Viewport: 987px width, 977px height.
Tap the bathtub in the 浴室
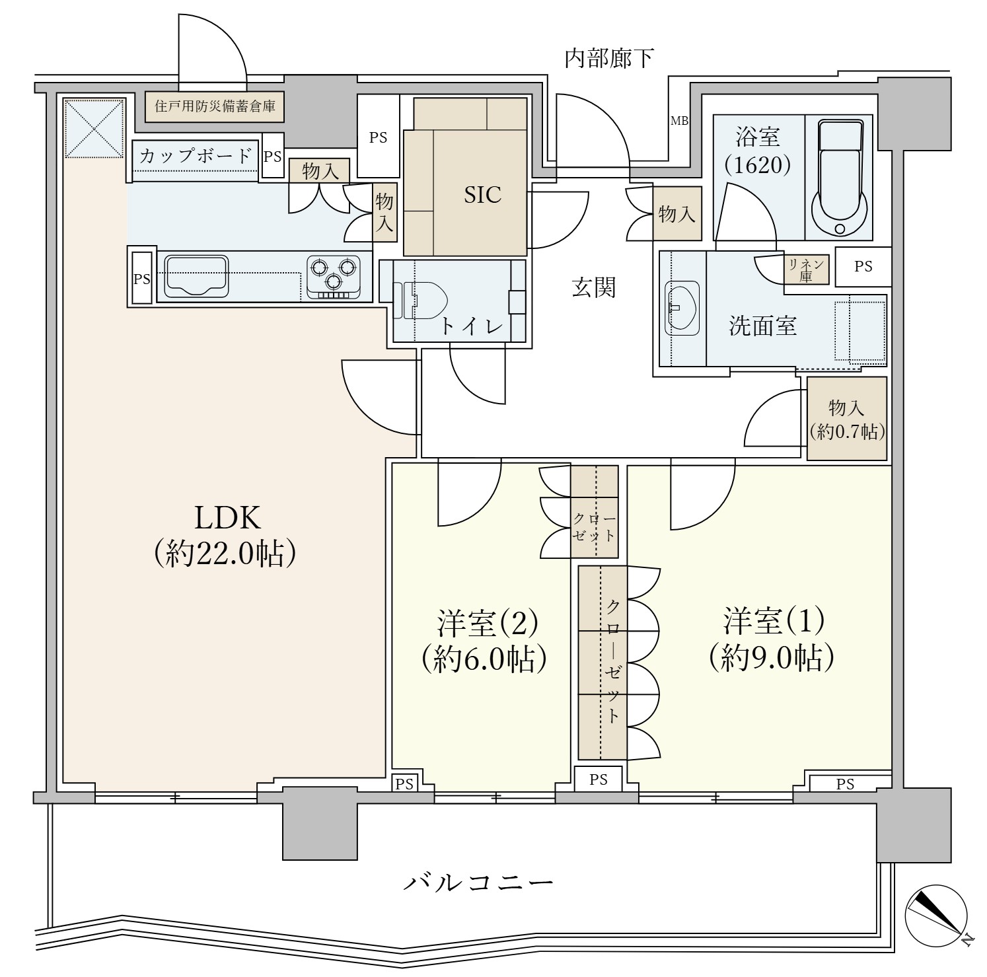[x=840, y=177]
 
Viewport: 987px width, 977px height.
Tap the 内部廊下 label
[x=608, y=59]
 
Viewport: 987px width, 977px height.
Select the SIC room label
[x=482, y=195]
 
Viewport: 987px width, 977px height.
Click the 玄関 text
[x=594, y=287]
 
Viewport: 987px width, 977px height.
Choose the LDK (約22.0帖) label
[x=225, y=536]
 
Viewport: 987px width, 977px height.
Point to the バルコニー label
[x=478, y=883]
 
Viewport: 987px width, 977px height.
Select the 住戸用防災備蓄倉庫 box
[x=215, y=106]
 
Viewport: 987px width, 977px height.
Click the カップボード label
[x=196, y=157]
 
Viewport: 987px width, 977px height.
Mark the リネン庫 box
[x=805, y=270]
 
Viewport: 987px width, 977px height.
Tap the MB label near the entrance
[x=679, y=121]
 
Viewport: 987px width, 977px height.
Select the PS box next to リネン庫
[x=863, y=266]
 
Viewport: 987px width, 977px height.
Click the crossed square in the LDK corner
[x=94, y=129]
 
